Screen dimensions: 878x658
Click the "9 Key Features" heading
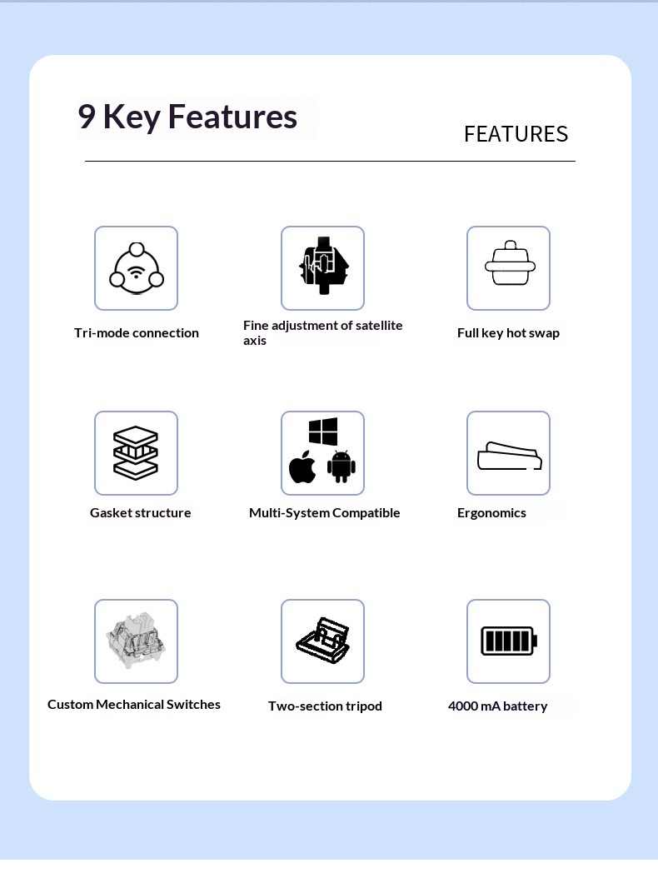(187, 117)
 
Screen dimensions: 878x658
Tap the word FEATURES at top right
(516, 134)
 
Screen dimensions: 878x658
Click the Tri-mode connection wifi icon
(136, 268)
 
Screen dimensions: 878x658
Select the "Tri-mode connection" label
(137, 333)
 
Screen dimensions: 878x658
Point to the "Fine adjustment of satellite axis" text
(322, 332)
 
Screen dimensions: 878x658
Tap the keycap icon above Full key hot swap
(508, 265)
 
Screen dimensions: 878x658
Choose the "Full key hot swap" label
(508, 333)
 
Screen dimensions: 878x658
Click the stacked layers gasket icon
(136, 452)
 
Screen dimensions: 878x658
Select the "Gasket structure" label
(141, 513)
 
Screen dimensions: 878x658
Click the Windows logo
(323, 432)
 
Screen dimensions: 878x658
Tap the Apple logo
(302, 468)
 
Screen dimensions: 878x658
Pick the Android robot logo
(341, 467)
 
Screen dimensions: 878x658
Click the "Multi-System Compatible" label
(325, 513)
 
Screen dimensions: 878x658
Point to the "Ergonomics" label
(491, 513)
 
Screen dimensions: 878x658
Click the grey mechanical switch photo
(136, 640)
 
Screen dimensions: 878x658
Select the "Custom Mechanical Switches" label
(134, 705)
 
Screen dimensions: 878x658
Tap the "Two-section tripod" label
(325, 706)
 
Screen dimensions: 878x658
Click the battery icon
(508, 641)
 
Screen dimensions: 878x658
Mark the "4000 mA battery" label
(497, 706)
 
